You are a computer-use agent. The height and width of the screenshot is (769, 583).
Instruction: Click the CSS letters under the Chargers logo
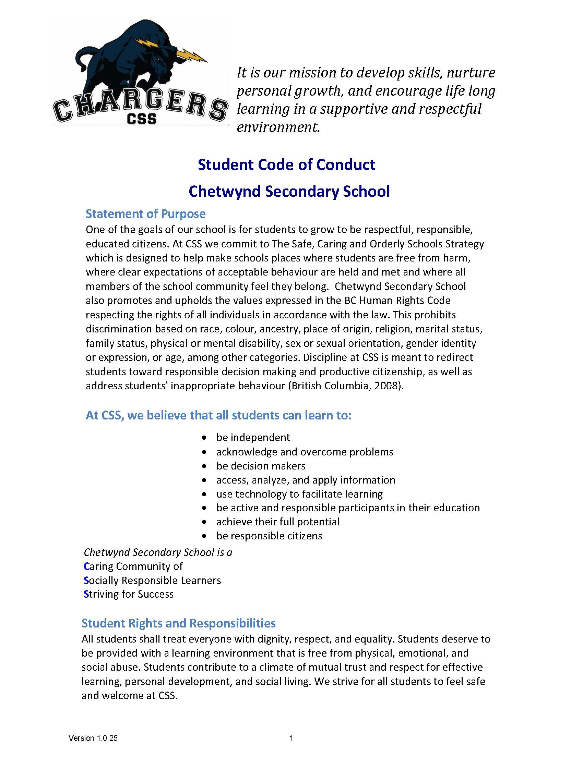coord(141,119)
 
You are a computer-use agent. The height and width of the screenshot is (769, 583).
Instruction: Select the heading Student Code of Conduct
coord(286,164)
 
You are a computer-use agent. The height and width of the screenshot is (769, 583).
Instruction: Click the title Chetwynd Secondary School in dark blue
coord(289,191)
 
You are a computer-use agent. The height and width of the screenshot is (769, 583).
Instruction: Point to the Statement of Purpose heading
coord(145,213)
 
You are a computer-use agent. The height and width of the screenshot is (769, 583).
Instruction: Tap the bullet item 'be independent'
coord(253,437)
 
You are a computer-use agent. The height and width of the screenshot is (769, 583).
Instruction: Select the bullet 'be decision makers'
coord(261,466)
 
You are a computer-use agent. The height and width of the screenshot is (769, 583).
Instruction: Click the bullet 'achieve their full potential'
coord(277,522)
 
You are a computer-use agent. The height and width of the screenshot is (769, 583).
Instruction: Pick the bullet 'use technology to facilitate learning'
coord(299,494)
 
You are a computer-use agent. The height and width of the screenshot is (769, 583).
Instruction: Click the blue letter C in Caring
coord(87,566)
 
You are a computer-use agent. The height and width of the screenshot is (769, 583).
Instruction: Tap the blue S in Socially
coord(86,580)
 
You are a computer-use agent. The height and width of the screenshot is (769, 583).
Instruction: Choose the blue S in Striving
coord(86,594)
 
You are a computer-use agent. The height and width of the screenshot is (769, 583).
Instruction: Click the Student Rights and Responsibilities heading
coord(178,623)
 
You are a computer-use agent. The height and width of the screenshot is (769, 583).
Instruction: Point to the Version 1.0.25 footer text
coord(93,738)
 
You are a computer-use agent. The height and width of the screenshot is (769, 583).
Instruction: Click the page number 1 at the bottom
coord(291,738)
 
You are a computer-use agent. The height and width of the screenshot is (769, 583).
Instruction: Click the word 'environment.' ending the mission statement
coord(278,127)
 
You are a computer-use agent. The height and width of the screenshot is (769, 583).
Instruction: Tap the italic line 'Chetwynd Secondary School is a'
coord(158,552)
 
